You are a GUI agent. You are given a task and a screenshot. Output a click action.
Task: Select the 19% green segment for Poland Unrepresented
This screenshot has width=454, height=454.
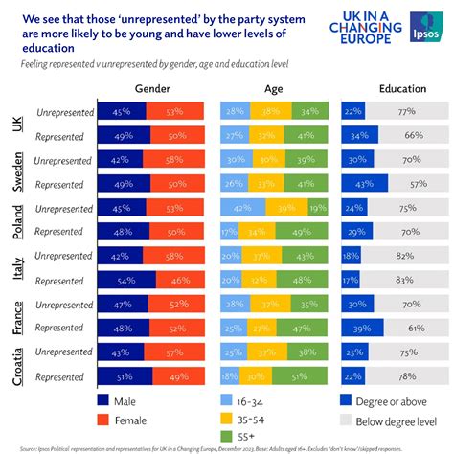[x=314, y=208]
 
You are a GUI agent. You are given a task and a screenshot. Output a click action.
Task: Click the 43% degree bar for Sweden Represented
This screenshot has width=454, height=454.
[x=365, y=184]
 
